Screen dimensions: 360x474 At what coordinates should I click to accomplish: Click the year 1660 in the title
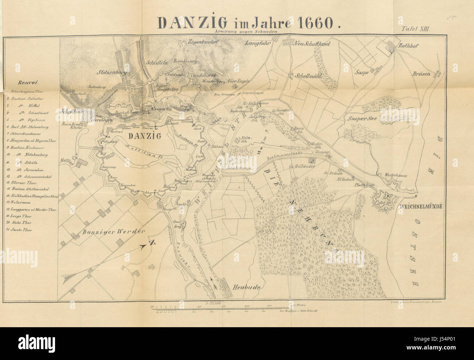[x=315, y=23]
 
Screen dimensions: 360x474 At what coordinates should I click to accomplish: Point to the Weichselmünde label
[x=421, y=207]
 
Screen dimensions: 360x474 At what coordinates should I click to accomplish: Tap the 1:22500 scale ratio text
[x=214, y=302]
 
